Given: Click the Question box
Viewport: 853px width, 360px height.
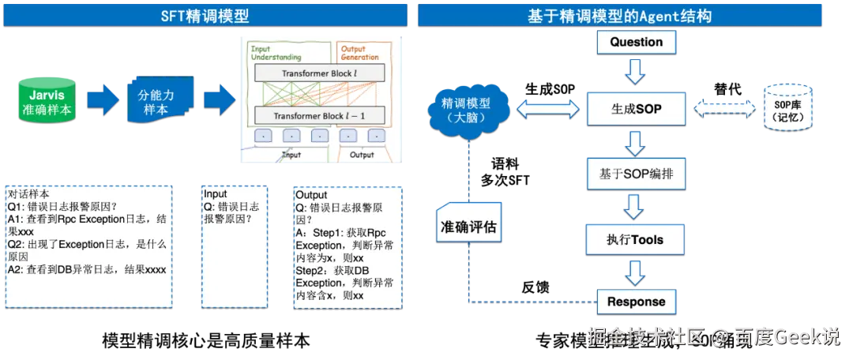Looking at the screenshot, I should (636, 43).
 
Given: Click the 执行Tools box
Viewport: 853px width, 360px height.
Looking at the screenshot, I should (636, 239).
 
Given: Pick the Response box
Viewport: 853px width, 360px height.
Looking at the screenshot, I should (636, 302).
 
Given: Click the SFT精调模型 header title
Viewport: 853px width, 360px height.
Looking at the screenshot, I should (205, 15).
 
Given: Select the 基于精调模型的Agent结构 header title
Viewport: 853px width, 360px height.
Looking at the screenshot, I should (630, 15).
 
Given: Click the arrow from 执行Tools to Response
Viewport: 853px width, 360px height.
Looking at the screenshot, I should (636, 272).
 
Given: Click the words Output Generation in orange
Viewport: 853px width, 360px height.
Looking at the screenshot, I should (359, 53).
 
